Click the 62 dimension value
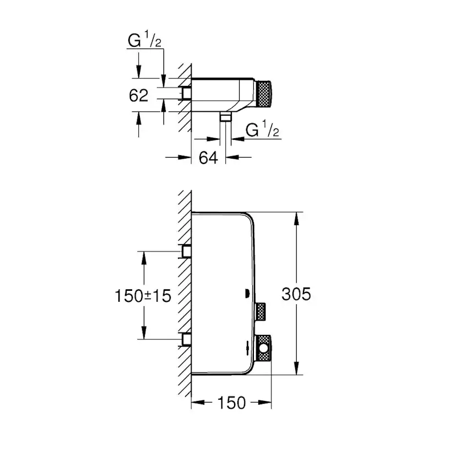pos(139,95)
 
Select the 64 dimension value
pos(208,158)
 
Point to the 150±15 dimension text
pos(143,295)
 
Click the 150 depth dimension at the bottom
pos(231,403)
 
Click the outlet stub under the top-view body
pos(225,117)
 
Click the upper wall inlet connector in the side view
pos(187,252)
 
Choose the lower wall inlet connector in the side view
pos(187,339)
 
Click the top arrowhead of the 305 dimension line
pos(297,218)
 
